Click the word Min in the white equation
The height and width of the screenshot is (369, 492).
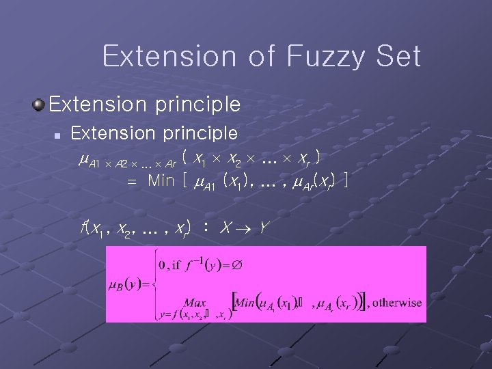pos(161,181)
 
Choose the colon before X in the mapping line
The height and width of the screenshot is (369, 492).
pos(206,227)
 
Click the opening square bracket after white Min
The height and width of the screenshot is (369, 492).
pos(182,181)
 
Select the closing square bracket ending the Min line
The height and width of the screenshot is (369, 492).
pos(347,181)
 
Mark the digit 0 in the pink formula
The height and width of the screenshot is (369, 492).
pos(161,264)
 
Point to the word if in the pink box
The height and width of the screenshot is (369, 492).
pos(176,264)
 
